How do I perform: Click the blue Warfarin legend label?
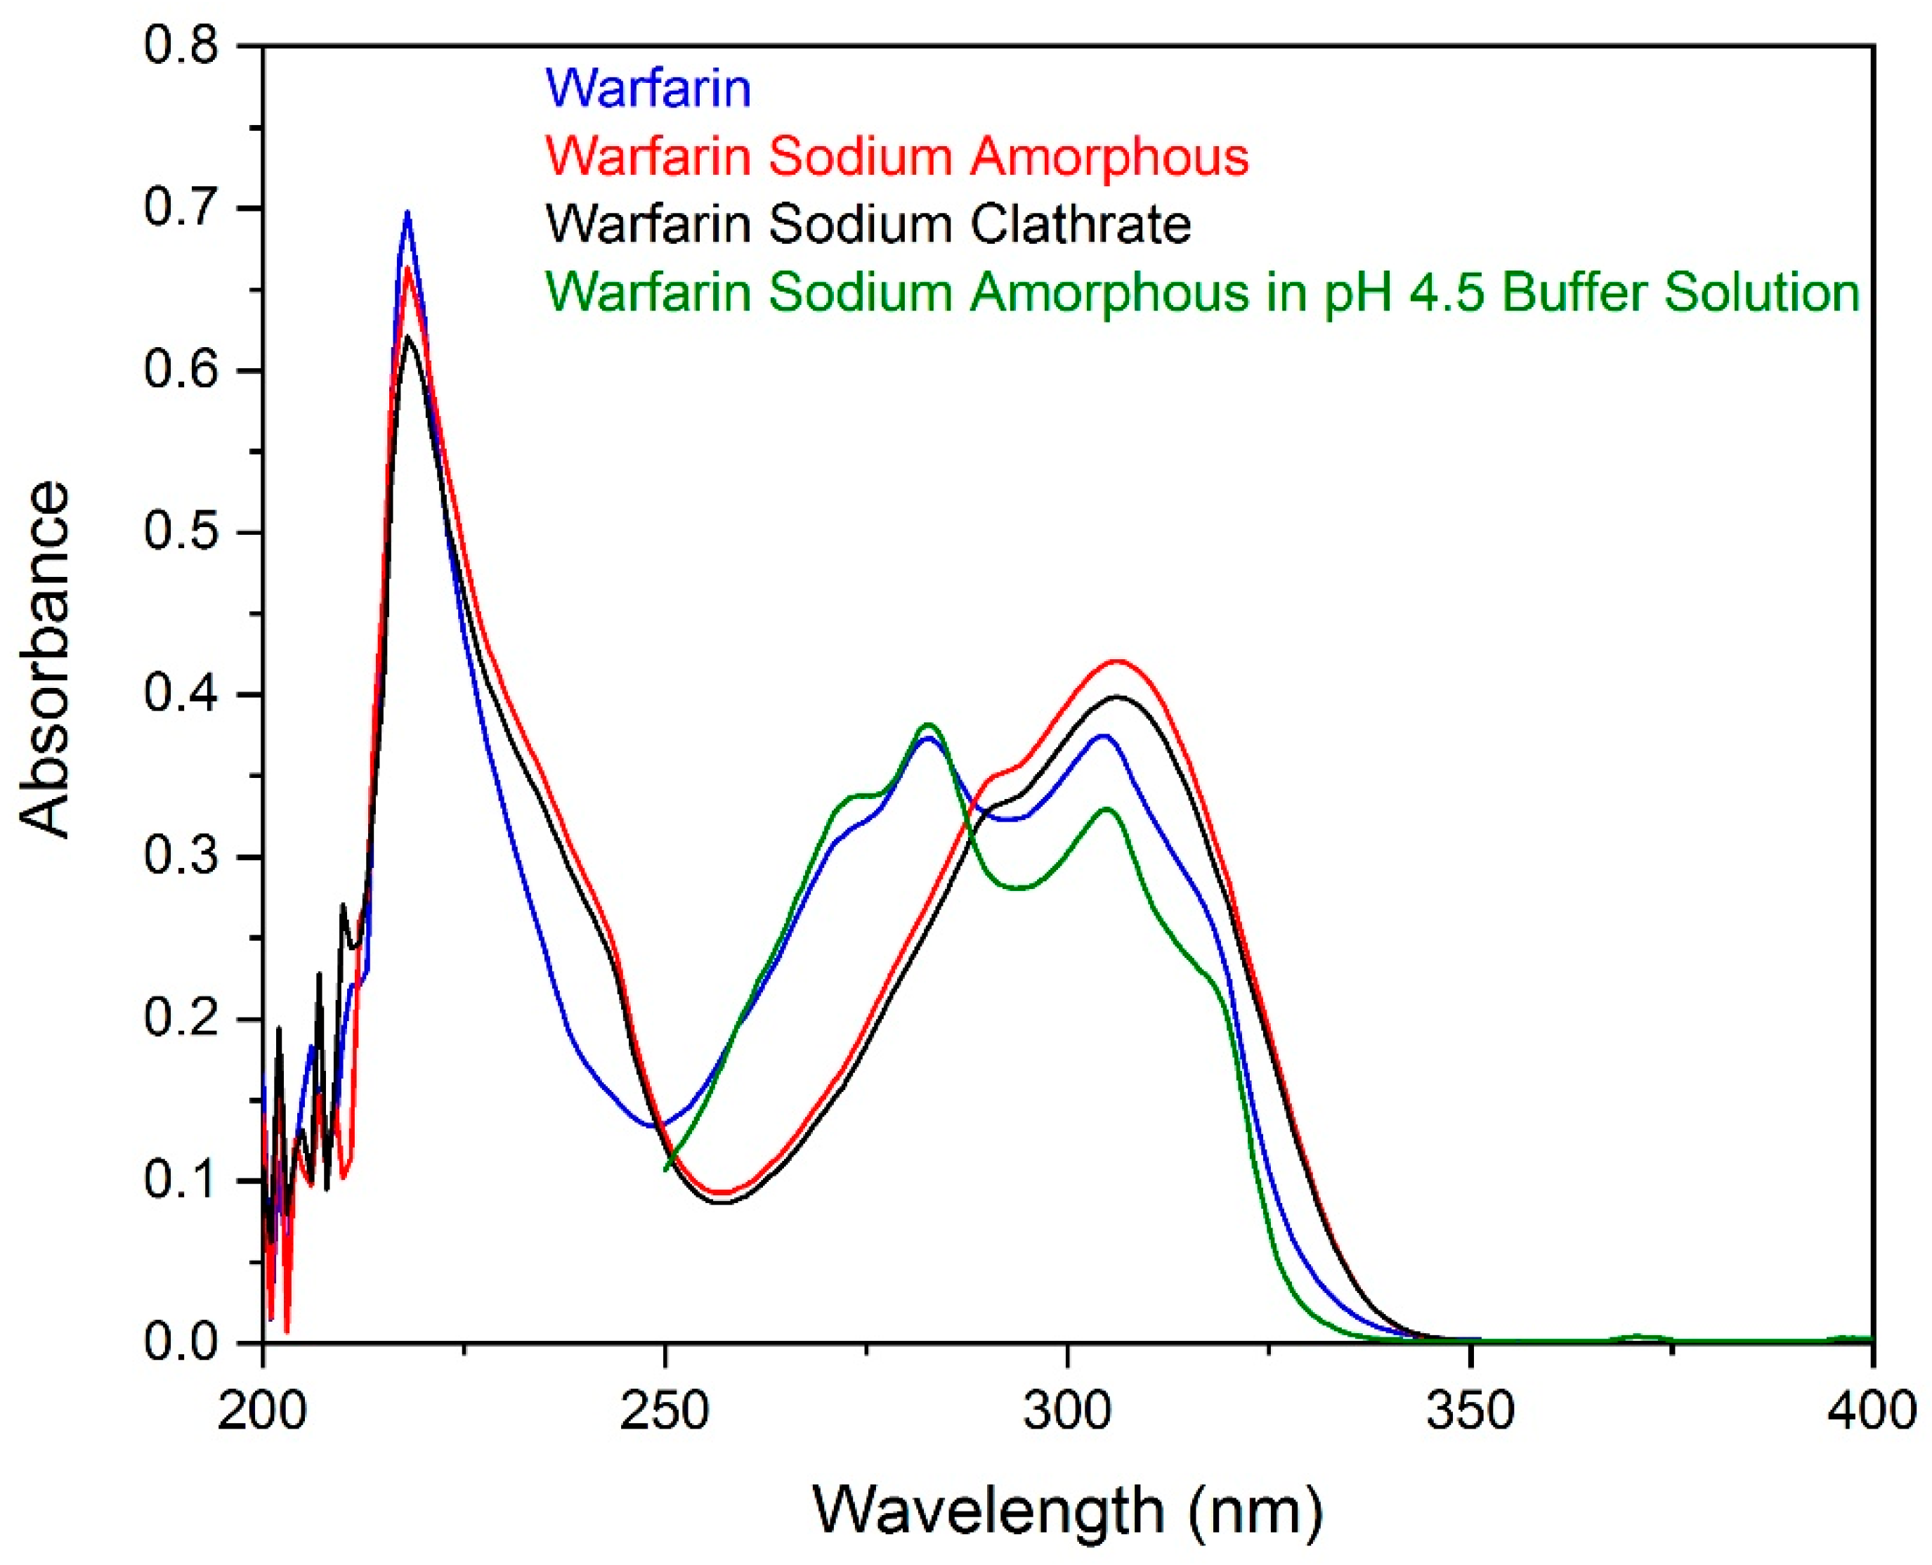tap(648, 89)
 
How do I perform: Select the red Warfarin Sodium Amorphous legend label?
tap(896, 156)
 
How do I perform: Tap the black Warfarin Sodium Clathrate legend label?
tap(868, 223)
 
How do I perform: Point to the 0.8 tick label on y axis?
tap(181, 45)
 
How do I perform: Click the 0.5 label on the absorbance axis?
tap(181, 532)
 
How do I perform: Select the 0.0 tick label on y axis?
tap(181, 1342)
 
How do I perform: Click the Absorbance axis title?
tap(45, 660)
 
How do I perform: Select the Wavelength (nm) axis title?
tap(1068, 1508)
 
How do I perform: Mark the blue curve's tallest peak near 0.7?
tap(407, 213)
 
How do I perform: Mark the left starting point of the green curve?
tap(666, 1170)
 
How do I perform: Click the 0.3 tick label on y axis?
tap(181, 857)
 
